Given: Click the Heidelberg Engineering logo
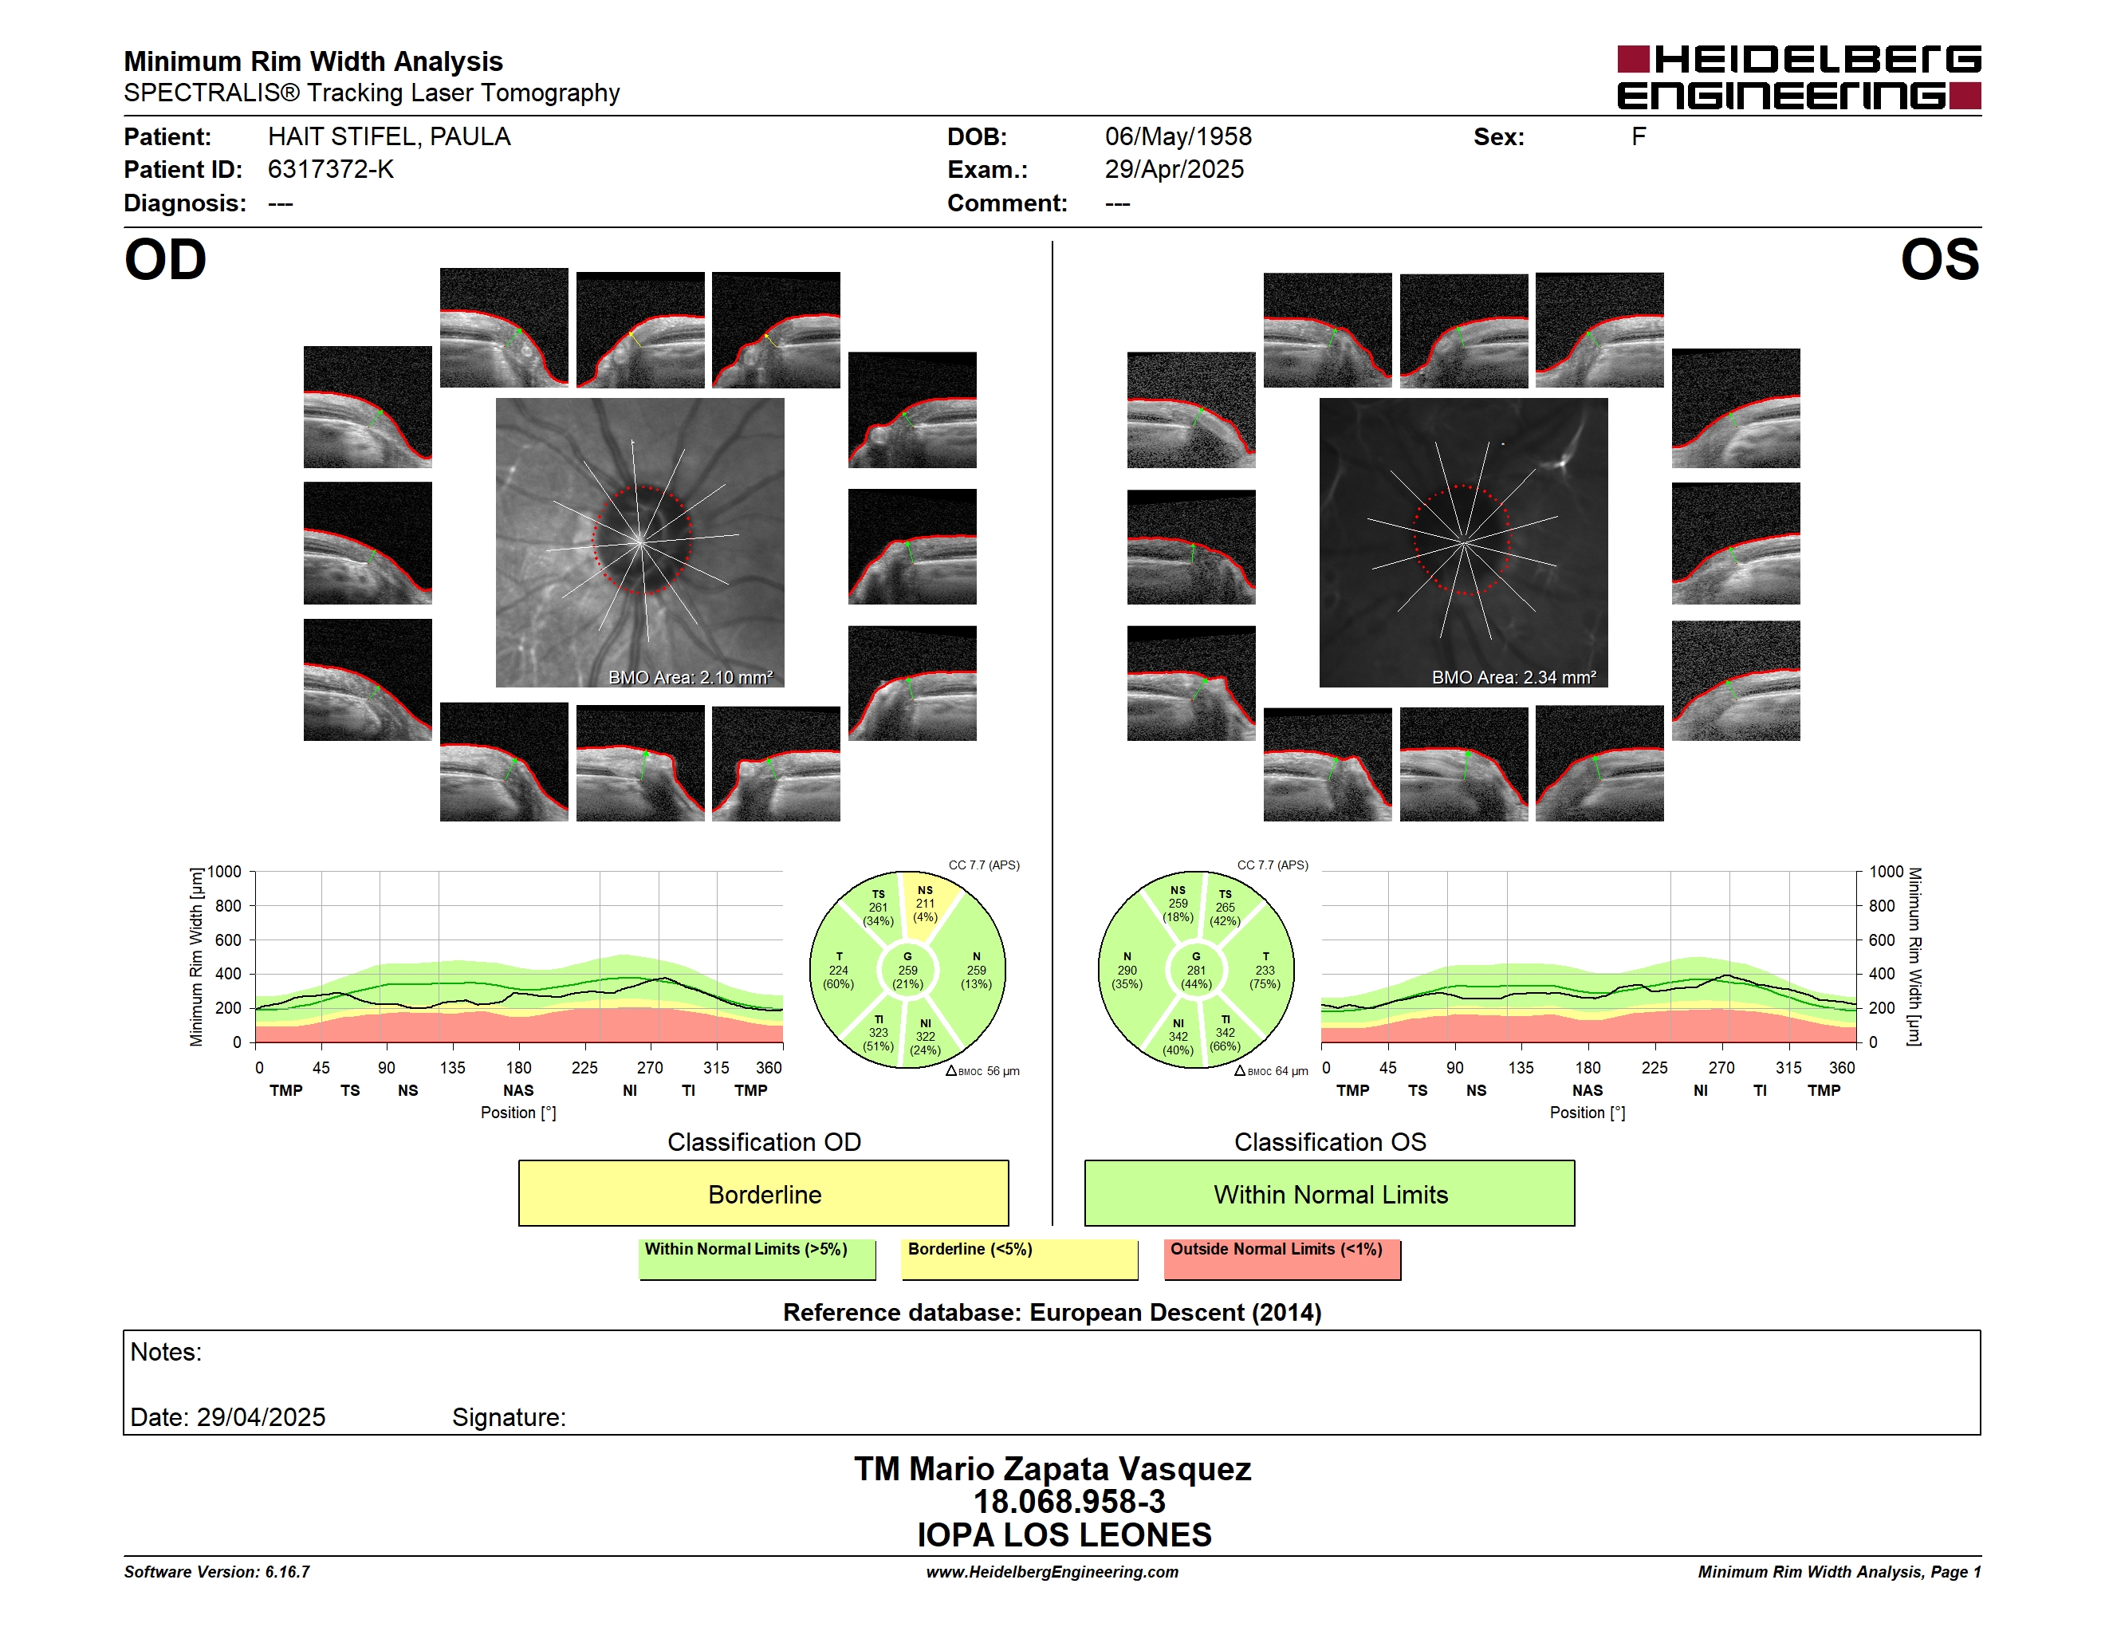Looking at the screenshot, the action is coord(1799,77).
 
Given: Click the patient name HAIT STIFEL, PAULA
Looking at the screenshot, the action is coord(388,137).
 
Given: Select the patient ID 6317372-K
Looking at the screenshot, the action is coord(331,170).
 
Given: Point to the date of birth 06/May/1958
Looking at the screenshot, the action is coord(1178,137).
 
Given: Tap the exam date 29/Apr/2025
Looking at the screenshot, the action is coord(1174,170).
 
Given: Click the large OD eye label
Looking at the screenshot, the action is coord(165,259).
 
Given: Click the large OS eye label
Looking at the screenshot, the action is coord(1939,259).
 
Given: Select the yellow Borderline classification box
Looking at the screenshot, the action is coord(763,1193).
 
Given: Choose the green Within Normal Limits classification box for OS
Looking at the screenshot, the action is coord(1330,1193).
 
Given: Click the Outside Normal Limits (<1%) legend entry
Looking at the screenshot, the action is coord(1282,1259).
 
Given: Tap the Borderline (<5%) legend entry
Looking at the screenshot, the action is coord(1020,1259).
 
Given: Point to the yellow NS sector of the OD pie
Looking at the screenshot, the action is coord(927,903).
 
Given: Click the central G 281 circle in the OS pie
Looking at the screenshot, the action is coord(1196,971).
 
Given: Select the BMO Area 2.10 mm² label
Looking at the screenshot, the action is coord(690,678).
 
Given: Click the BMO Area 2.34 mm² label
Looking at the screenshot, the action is coord(1513,678).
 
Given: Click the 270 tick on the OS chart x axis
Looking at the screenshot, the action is coord(1721,1068).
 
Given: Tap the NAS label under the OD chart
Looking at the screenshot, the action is coord(518,1090).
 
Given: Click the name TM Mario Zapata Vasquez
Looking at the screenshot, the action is coord(1052,1469).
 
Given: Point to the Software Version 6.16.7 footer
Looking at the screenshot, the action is coord(217,1572).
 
